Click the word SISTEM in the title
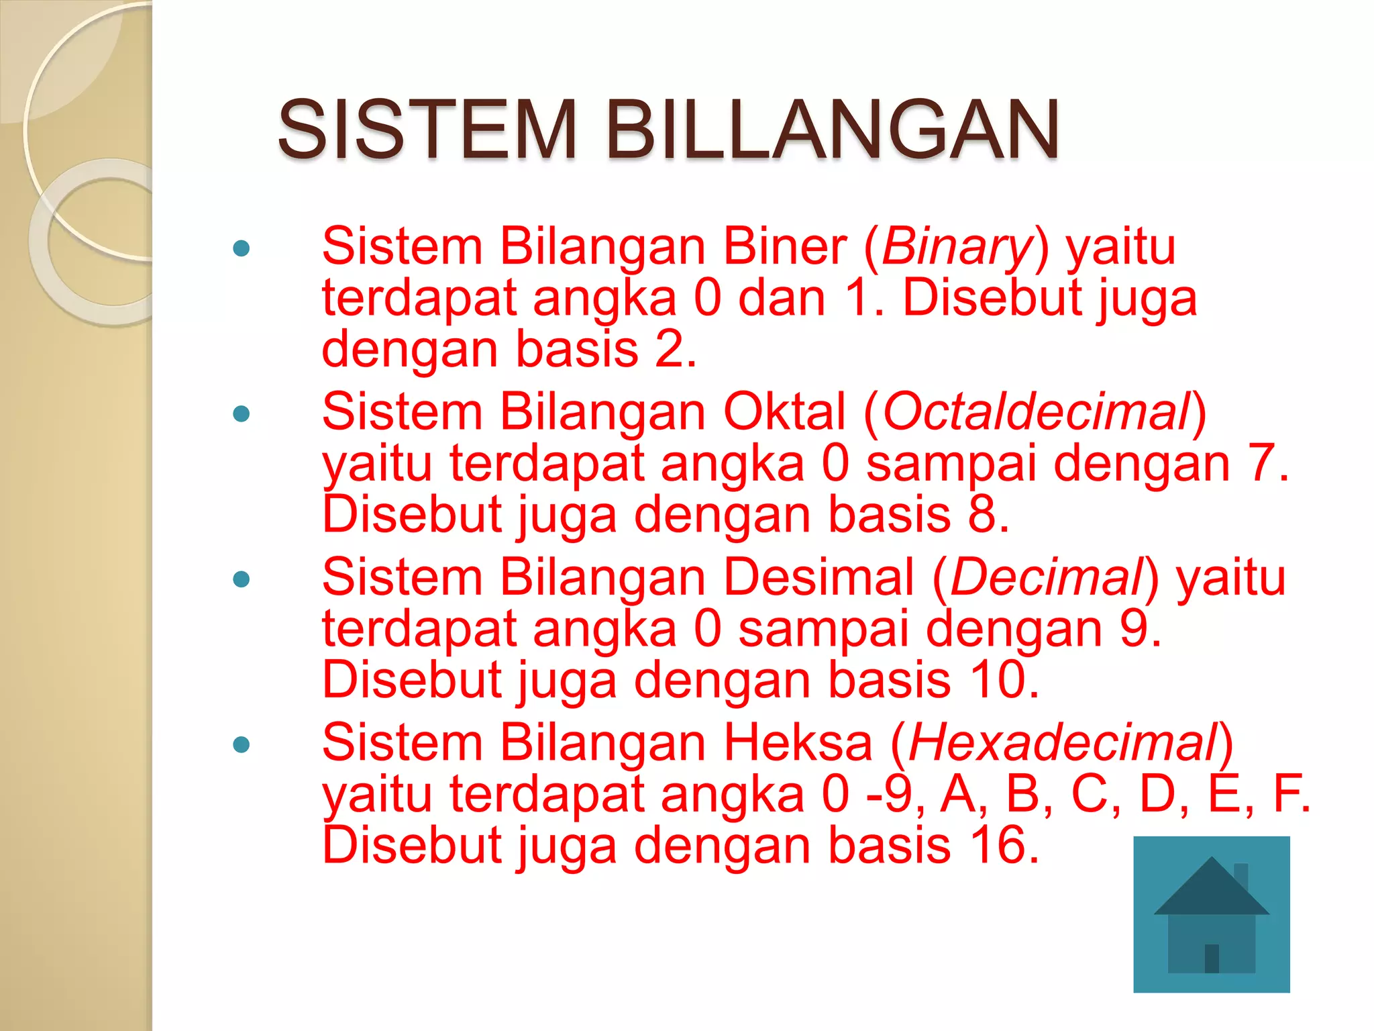point(427,130)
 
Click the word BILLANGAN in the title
point(832,130)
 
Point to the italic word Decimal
point(1047,578)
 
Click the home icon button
point(1211,914)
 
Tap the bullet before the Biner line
point(241,248)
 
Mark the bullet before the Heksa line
point(241,744)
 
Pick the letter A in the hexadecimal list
point(957,794)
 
